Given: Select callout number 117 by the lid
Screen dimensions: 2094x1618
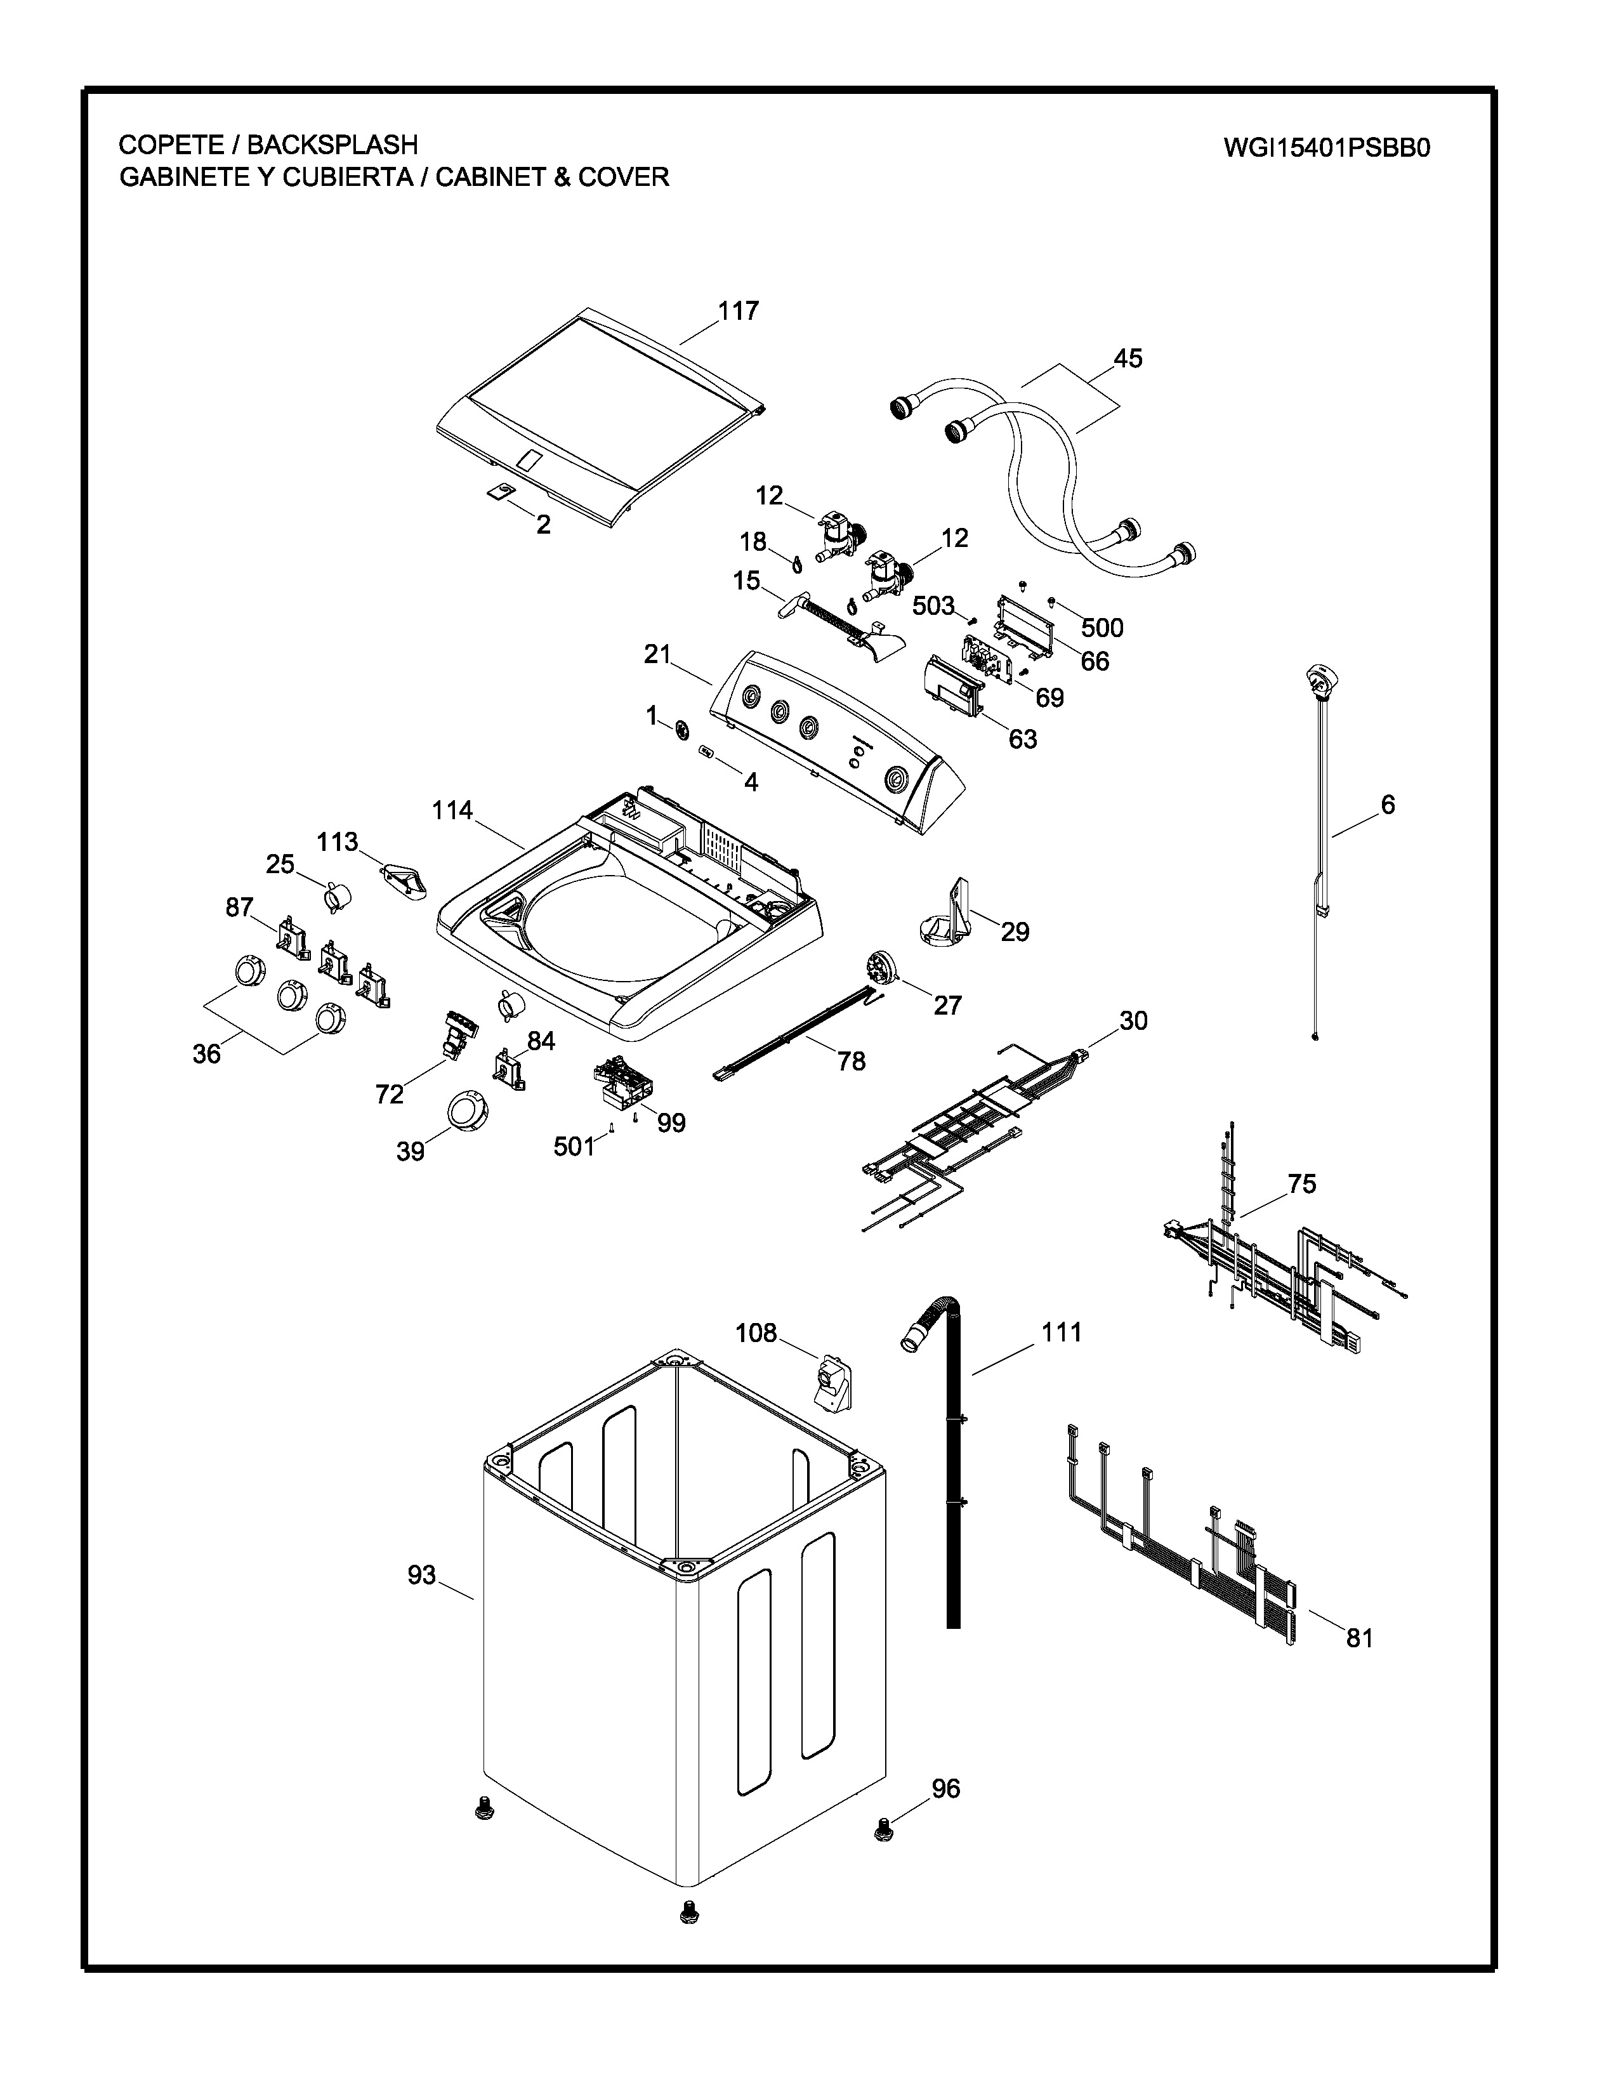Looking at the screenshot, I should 738,311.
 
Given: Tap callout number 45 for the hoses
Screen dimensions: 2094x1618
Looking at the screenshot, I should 1128,358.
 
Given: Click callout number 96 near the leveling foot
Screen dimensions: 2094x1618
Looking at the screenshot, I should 945,1788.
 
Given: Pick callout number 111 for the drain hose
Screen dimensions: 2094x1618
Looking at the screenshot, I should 1061,1332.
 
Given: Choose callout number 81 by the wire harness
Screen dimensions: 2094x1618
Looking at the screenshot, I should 1359,1638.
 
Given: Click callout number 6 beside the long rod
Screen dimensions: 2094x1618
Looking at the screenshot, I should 1387,805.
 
